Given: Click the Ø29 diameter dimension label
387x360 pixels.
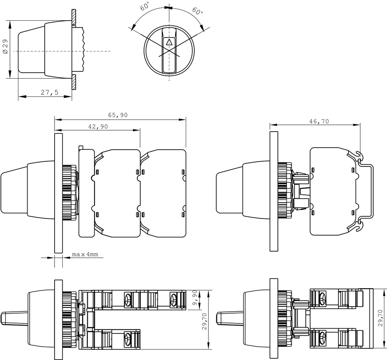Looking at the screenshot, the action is [x=5, y=46].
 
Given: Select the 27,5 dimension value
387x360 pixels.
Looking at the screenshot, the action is [x=49, y=92].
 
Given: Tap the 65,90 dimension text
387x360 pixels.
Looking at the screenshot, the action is [x=118, y=115].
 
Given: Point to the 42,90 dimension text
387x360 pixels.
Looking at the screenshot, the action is [x=98, y=126].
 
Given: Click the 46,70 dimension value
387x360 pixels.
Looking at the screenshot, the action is [x=319, y=121].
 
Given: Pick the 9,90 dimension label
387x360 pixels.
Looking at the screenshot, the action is [x=195, y=298].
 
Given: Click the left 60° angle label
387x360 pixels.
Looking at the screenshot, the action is [x=145, y=6].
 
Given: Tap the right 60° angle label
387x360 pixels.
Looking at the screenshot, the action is [x=197, y=11].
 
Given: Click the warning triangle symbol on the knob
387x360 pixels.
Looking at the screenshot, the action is [x=169, y=42].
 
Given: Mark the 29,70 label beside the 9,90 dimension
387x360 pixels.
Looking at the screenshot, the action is [x=204, y=321].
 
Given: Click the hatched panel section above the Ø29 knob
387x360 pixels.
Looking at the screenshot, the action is [x=74, y=17].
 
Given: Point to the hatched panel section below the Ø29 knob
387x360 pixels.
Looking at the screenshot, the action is [x=74, y=82].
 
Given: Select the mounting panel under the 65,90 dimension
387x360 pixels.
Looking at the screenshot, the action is [x=58, y=193].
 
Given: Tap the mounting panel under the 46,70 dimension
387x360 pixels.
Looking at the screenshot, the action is [x=274, y=191].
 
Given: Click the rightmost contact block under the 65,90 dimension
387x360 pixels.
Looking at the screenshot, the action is [x=163, y=194].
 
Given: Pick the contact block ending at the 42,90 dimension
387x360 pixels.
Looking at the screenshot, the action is [x=117, y=194].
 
